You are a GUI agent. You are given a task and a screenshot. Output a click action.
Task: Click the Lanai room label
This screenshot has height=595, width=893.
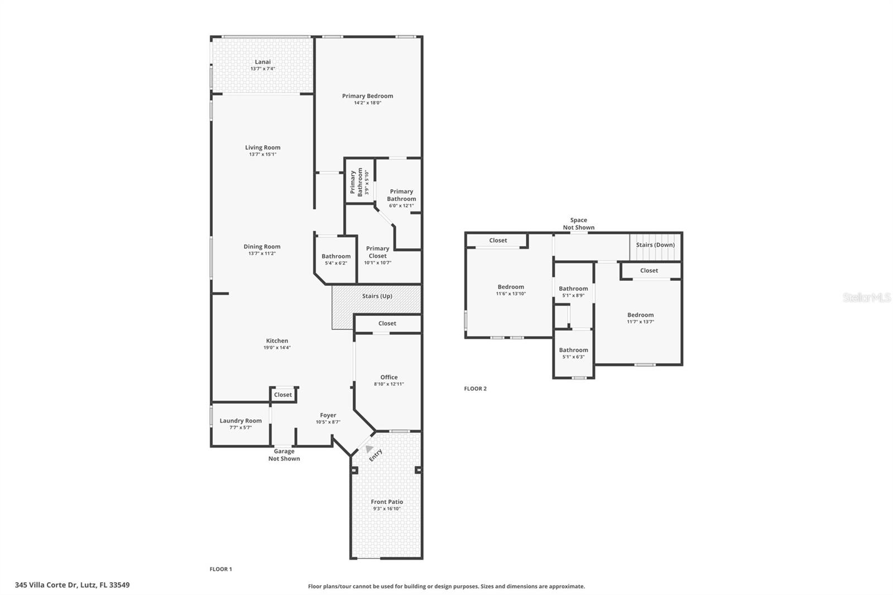(262, 62)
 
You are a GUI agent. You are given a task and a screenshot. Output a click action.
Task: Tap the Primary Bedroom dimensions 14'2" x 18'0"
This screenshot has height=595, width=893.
(367, 103)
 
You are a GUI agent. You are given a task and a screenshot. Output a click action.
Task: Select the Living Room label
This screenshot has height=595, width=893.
(262, 147)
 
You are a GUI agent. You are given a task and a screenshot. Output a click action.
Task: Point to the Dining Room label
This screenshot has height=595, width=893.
(262, 247)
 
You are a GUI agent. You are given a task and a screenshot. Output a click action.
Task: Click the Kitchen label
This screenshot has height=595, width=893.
(277, 340)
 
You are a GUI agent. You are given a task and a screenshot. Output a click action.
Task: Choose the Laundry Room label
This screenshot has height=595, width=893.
(241, 421)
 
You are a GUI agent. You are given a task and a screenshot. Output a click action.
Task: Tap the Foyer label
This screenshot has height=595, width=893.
(328, 415)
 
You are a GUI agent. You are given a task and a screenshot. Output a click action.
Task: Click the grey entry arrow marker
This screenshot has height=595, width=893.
(368, 448)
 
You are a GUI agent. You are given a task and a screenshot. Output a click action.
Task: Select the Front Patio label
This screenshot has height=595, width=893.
(387, 502)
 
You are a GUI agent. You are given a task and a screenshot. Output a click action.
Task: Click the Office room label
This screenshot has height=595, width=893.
(389, 377)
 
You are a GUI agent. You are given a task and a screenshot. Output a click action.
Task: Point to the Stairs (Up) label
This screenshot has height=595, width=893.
(377, 296)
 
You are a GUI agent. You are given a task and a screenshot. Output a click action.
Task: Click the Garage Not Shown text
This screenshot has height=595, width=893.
(284, 455)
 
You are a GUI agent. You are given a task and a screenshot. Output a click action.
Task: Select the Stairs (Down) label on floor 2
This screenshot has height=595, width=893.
(655, 244)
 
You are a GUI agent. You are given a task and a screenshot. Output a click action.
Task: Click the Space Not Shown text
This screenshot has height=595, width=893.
(578, 224)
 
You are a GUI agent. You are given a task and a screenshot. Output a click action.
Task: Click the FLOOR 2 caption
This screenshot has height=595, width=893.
(475, 388)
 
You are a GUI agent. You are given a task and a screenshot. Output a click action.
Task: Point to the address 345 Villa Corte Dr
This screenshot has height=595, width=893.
(73, 585)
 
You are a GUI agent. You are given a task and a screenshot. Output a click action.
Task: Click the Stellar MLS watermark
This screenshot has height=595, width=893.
(866, 297)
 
